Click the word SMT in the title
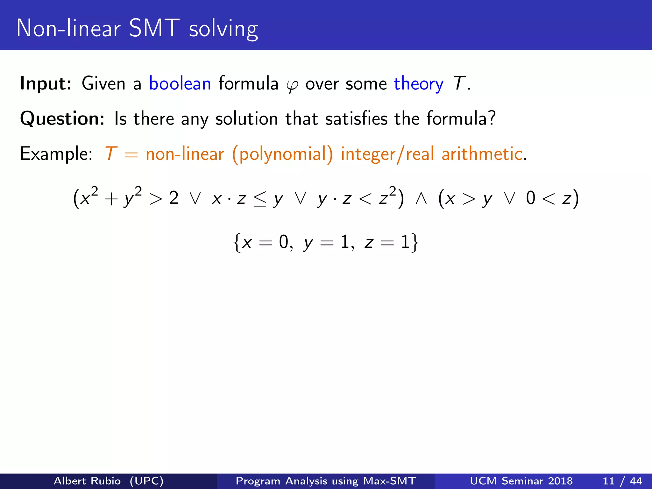tap(154, 28)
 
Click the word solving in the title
tap(223, 30)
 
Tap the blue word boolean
tap(180, 84)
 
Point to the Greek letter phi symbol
tap(292, 85)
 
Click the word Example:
tap(56, 154)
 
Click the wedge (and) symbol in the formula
tap(421, 199)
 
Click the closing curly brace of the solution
tap(414, 243)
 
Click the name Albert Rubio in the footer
tap(87, 481)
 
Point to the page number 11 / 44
tap(622, 481)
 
